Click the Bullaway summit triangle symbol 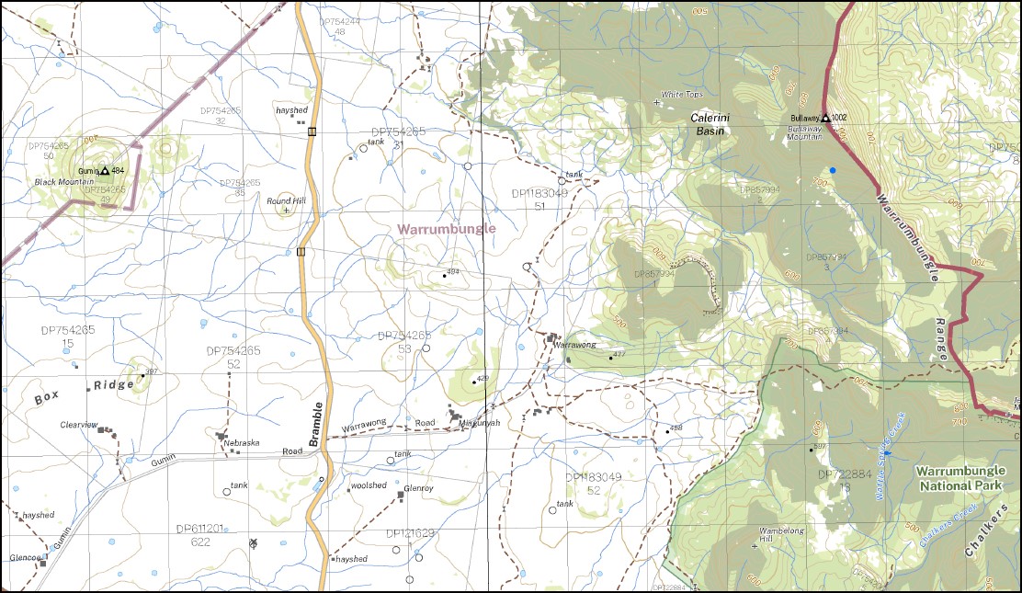[825, 118]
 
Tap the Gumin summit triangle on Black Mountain [106, 171]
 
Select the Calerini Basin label [709, 124]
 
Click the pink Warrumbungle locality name [446, 228]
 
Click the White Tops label [682, 94]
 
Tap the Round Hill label [285, 200]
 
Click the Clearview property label [78, 425]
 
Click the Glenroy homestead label [418, 488]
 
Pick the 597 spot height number [820, 447]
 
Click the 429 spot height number [483, 379]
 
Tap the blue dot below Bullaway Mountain [833, 170]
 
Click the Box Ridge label [84, 391]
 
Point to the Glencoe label [23, 557]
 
